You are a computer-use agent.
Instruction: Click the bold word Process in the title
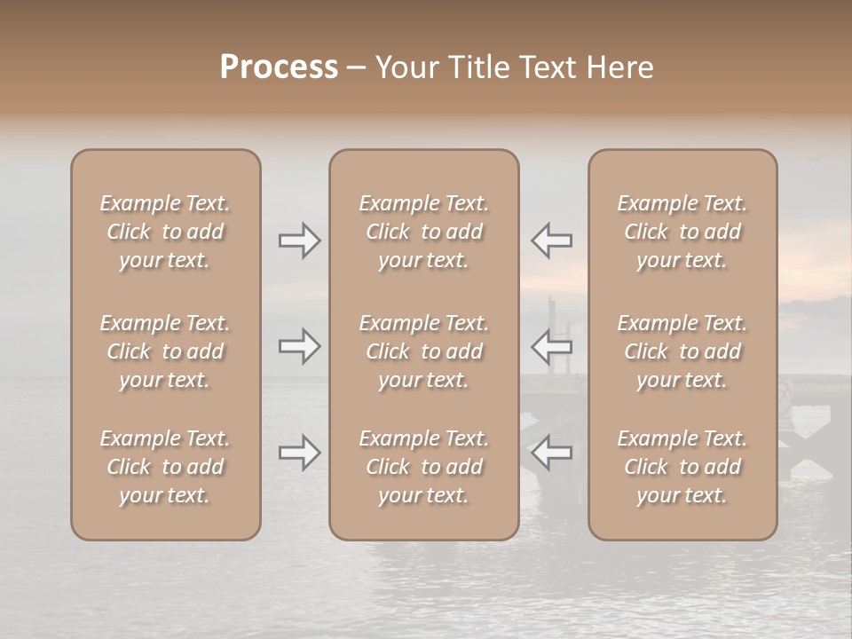[x=279, y=67]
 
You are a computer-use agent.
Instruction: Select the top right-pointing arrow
[x=299, y=241]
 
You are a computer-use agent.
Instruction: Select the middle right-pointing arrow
[x=299, y=346]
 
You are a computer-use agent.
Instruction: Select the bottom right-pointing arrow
[x=299, y=453]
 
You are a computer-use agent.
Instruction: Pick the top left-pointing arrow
[x=551, y=241]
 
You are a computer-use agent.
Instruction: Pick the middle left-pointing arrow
[x=551, y=346]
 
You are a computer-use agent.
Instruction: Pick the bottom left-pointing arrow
[x=551, y=453]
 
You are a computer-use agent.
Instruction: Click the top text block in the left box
[x=165, y=232]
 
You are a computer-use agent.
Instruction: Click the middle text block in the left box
[x=165, y=351]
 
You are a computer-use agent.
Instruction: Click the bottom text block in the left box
[x=165, y=467]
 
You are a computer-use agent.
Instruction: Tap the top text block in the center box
[x=423, y=232]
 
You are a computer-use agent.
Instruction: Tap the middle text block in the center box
[x=423, y=351]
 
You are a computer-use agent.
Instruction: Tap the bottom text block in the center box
[x=423, y=467]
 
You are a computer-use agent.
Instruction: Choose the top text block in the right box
[x=682, y=232]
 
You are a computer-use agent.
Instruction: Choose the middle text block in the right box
[x=682, y=351]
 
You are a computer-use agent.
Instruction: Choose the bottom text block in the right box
[x=682, y=467]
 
